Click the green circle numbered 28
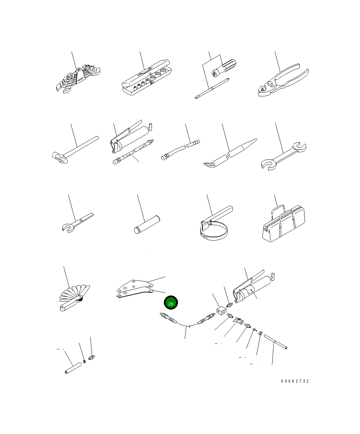[x=171, y=302]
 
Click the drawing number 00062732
[x=295, y=381]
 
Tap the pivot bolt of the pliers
[x=270, y=84]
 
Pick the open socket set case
[x=146, y=77]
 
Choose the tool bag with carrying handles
[x=284, y=223]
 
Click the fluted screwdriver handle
[x=224, y=68]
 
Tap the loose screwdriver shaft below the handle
[x=212, y=88]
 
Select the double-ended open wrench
[x=284, y=156]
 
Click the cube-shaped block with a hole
[x=221, y=311]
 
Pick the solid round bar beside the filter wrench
[x=147, y=225]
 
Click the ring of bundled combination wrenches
[x=78, y=79]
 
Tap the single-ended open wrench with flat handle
[x=78, y=222]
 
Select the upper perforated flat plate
[x=135, y=285]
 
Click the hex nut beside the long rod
[x=260, y=334]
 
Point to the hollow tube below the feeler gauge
[x=73, y=368]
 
